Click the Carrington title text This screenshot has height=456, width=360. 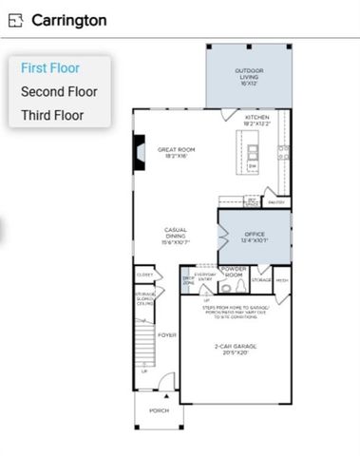pyautogui.click(x=68, y=20)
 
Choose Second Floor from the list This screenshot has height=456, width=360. pyautogui.click(x=59, y=92)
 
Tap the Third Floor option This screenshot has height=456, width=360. pyautogui.click(x=52, y=116)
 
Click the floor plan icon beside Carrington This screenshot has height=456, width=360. pyautogui.click(x=16, y=20)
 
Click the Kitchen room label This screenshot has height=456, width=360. pyautogui.click(x=257, y=121)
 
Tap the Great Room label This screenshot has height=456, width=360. pyautogui.click(x=177, y=152)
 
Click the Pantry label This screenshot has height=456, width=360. pyautogui.click(x=277, y=201)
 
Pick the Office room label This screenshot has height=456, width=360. pyautogui.click(x=254, y=237)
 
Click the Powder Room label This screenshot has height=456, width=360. pyautogui.click(x=233, y=272)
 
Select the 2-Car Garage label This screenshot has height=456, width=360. pyautogui.click(x=234, y=350)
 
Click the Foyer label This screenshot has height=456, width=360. pyautogui.click(x=167, y=334)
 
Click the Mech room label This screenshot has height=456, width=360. pyautogui.click(x=282, y=280)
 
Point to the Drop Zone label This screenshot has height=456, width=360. pyautogui.click(x=188, y=280)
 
